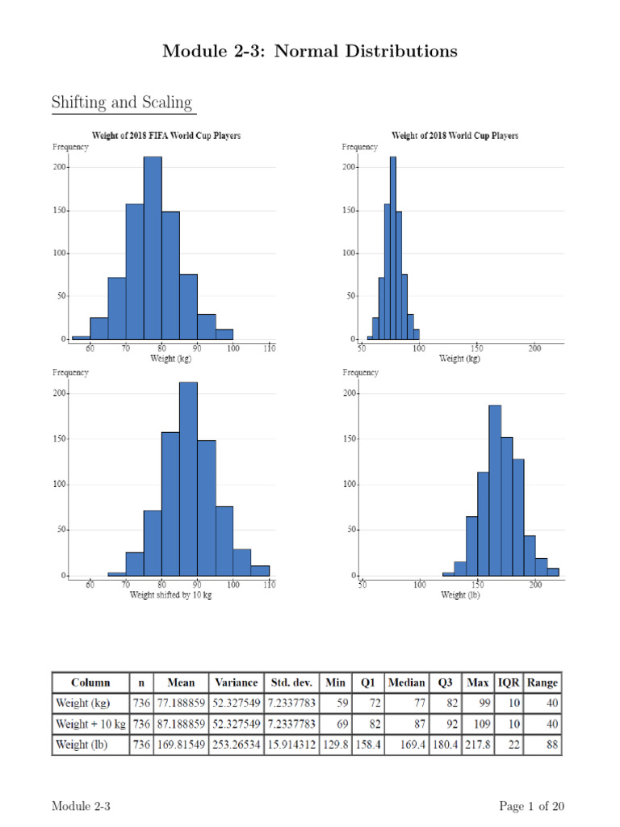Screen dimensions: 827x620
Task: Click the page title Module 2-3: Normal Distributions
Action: (x=309, y=52)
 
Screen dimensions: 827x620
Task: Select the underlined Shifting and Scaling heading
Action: (x=122, y=103)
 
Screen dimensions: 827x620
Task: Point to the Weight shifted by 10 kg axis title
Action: (x=171, y=594)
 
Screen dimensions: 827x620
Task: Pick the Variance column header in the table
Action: (x=236, y=682)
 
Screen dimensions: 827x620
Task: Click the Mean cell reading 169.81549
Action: (x=181, y=745)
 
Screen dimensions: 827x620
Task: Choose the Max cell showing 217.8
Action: (x=477, y=745)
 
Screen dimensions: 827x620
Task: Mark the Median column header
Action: (x=406, y=682)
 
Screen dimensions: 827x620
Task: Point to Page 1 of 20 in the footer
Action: (x=531, y=806)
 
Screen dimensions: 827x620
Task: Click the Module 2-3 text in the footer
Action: (x=81, y=806)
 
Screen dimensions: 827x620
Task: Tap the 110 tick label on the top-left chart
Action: (x=269, y=349)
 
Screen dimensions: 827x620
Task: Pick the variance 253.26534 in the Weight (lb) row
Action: (x=236, y=745)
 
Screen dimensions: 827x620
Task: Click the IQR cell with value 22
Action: (x=510, y=745)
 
